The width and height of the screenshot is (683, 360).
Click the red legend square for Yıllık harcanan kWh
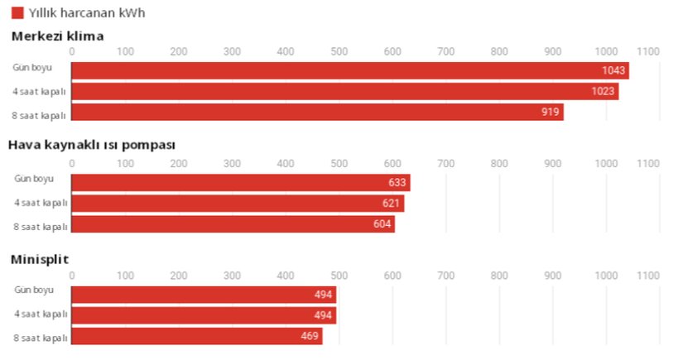[17, 12]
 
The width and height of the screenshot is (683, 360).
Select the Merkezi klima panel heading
[57, 36]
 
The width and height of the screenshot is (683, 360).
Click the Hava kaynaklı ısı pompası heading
[91, 145]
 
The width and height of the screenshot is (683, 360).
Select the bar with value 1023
[344, 91]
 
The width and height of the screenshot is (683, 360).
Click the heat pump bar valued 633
[240, 182]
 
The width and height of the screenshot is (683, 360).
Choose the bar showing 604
[233, 224]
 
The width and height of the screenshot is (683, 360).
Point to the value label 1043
[613, 70]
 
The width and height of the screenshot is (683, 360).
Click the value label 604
[382, 224]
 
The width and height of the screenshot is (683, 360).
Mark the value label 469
[310, 337]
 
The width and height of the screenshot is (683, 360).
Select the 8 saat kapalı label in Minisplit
[40, 338]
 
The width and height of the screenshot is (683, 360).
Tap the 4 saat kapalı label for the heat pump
[40, 203]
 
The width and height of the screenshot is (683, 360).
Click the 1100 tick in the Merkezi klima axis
[648, 51]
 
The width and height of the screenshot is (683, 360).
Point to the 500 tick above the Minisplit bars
[339, 275]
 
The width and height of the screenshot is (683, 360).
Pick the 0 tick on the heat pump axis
[72, 163]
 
